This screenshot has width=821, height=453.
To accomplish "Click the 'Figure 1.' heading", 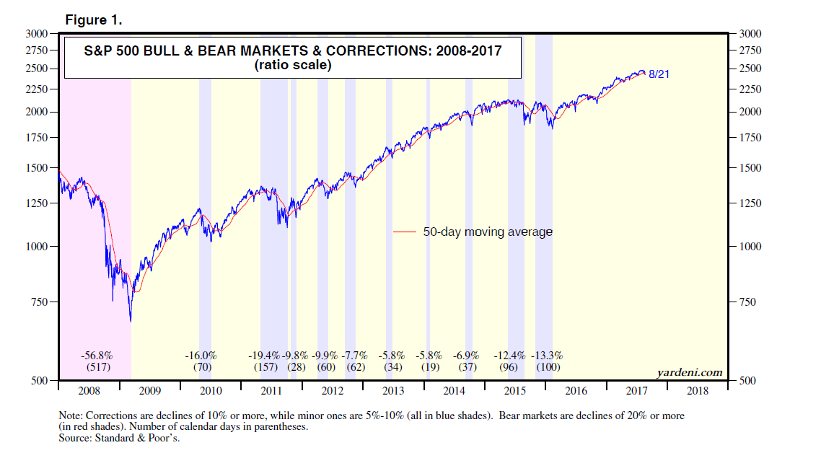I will pyautogui.click(x=94, y=20).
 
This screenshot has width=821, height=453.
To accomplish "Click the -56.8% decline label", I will pyautogui.click(x=96, y=356).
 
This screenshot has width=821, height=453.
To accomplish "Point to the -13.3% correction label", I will pyautogui.click(x=547, y=356).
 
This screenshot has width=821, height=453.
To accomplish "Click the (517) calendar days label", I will pyautogui.click(x=96, y=367).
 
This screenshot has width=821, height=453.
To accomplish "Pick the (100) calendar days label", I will pyautogui.click(x=547, y=367).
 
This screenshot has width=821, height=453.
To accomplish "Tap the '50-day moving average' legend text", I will pyautogui.click(x=488, y=232).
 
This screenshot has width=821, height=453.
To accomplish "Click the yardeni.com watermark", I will pyautogui.click(x=690, y=372).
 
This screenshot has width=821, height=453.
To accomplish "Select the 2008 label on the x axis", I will pyautogui.click(x=88, y=391).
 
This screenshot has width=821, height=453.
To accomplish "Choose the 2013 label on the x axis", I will pyautogui.click(x=393, y=391).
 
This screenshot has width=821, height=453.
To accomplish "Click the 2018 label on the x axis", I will pyautogui.click(x=698, y=391).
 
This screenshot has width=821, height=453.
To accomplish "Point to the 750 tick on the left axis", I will pyautogui.click(x=38, y=302).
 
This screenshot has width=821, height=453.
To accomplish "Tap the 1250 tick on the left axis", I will pyautogui.click(x=35, y=203).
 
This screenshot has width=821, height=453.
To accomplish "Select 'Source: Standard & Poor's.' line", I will pyautogui.click(x=118, y=438).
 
